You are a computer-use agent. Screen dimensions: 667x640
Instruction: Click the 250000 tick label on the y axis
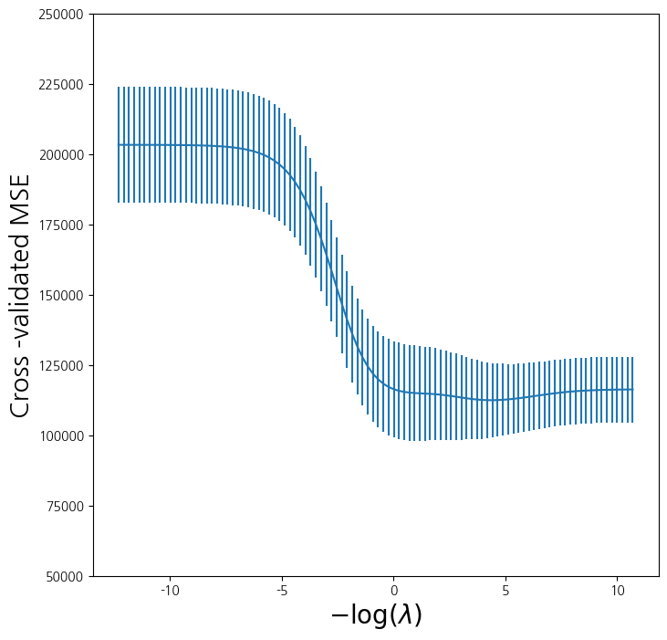point(61,15)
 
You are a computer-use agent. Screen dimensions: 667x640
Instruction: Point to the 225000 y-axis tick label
point(61,85)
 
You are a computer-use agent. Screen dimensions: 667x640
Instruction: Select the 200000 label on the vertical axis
point(61,155)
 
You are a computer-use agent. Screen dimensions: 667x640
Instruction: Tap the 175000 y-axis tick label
point(61,226)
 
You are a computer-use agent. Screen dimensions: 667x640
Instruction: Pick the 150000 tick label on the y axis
point(61,296)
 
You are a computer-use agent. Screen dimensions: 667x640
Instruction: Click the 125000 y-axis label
point(61,366)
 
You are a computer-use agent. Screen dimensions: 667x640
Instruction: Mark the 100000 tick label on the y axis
point(61,436)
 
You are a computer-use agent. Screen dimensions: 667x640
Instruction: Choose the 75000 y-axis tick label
point(65,507)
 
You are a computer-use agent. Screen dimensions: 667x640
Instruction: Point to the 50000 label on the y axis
point(65,577)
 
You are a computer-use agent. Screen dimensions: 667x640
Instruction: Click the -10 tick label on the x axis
point(170,591)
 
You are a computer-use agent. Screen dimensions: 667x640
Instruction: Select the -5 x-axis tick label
point(282,591)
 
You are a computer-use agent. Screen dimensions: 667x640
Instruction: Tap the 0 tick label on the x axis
point(394,591)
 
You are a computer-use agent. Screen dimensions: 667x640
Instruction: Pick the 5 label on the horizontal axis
point(505,591)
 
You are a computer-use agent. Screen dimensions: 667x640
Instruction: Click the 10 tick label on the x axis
point(618,591)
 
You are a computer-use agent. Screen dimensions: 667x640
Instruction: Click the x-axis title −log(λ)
point(376,615)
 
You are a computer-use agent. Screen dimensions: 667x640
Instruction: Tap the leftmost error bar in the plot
point(119,144)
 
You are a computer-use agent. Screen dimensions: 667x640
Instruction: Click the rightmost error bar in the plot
point(632,390)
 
